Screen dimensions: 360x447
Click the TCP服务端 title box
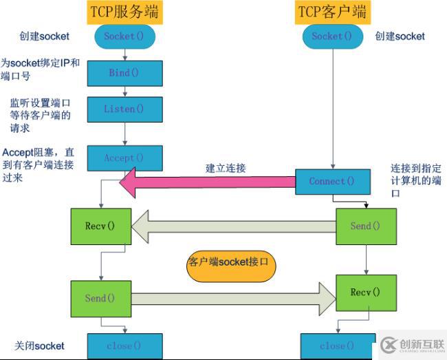pyautogui.click(x=124, y=12)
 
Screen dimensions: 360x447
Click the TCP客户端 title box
pyautogui.click(x=332, y=12)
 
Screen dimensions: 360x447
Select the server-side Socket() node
pyautogui.click(x=124, y=36)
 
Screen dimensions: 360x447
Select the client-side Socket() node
pyautogui.click(x=332, y=36)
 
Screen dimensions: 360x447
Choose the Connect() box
pyautogui.click(x=332, y=181)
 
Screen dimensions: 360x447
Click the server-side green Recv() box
pyautogui.click(x=101, y=226)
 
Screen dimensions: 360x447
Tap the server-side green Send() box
pyautogui.click(x=101, y=298)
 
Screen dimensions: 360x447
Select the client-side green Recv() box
pyautogui.click(x=365, y=293)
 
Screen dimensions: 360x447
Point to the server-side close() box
pyautogui.click(x=124, y=346)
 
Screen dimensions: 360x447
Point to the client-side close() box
pyautogui.click(x=332, y=346)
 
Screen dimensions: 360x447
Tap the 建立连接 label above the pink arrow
pyautogui.click(x=226, y=167)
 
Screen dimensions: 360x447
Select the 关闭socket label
pyautogui.click(x=39, y=345)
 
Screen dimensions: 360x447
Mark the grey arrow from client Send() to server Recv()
pyautogui.click(x=234, y=227)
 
